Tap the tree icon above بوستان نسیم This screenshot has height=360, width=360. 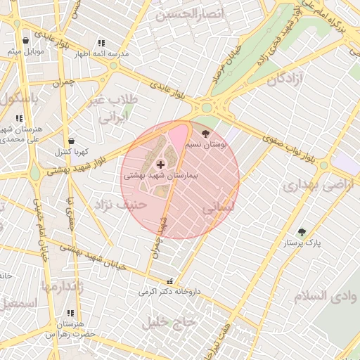[x=205, y=132]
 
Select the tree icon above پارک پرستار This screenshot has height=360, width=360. [x=302, y=232]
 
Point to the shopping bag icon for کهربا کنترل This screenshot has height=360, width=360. [x=70, y=141]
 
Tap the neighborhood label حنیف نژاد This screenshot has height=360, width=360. [x=113, y=204]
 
